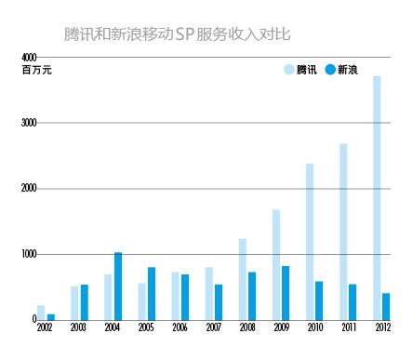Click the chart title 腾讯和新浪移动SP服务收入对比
pos(177,35)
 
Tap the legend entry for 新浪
pos(340,70)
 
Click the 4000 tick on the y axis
pos(30,58)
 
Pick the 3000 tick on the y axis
pos(30,123)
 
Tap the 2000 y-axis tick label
pos(30,188)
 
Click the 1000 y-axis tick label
pos(30,253)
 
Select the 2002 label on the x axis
pos(45,328)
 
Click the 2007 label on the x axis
pos(213,328)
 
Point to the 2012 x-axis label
pos(381,328)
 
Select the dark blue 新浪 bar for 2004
pos(117,286)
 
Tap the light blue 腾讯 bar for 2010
pos(310,241)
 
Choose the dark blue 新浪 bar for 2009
pos(286,292)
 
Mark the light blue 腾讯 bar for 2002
pos(41,312)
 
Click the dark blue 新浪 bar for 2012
pos(386,306)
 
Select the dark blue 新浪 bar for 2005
pos(151,293)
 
